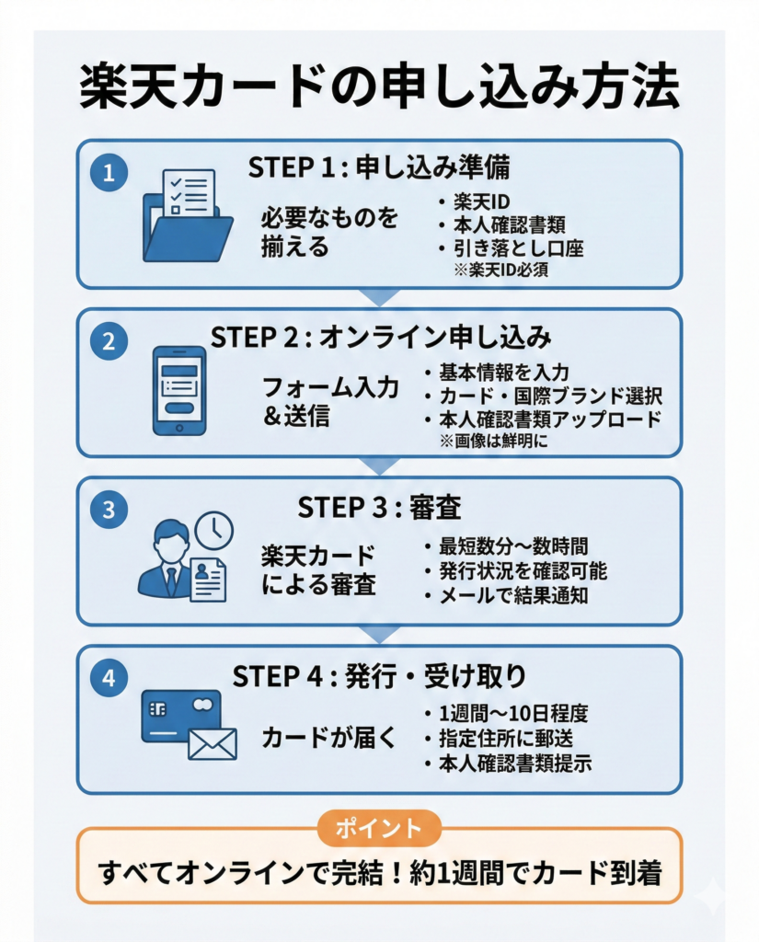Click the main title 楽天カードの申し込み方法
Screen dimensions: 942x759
pyautogui.click(x=379, y=89)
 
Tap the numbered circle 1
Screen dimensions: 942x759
pyautogui.click(x=109, y=173)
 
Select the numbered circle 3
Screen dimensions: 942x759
pyautogui.click(x=109, y=511)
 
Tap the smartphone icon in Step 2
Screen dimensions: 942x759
pyautogui.click(x=178, y=391)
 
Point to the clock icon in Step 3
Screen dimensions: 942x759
pyautogui.click(x=214, y=530)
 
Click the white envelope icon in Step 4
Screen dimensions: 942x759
pyautogui.click(x=213, y=743)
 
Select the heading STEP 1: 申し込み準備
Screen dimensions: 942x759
pyautogui.click(x=379, y=168)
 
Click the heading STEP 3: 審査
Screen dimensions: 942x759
pyautogui.click(x=379, y=507)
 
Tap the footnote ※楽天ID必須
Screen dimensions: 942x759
pyautogui.click(x=500, y=270)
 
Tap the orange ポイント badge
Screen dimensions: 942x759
pyautogui.click(x=379, y=827)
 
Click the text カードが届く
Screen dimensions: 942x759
pyautogui.click(x=329, y=738)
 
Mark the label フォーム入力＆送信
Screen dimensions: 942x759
pyautogui.click(x=330, y=400)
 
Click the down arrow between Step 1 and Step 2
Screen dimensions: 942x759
pyautogui.click(x=379, y=297)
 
